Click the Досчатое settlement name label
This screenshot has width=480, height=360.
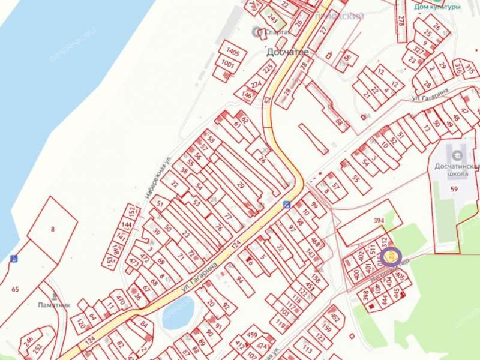pyautogui.click(x=287, y=52)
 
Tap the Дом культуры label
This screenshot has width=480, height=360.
pyautogui.click(x=437, y=7)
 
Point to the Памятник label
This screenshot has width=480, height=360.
pyautogui.click(x=52, y=304)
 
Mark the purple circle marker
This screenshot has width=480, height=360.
pyautogui.click(x=392, y=256)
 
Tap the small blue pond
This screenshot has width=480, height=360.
pyautogui.click(x=178, y=313)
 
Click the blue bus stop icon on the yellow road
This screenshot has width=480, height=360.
pyautogui.click(x=287, y=204)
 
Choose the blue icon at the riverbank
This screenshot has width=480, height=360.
pyautogui.click(x=13, y=259)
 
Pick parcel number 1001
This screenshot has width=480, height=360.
pyautogui.click(x=228, y=64)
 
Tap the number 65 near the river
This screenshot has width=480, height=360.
pyautogui.click(x=15, y=290)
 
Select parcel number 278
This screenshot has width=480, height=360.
pyautogui.click(x=400, y=20)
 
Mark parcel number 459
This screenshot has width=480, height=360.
pyautogui.click(x=252, y=335)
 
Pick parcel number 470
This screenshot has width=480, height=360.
pyautogui.click(x=119, y=299)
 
